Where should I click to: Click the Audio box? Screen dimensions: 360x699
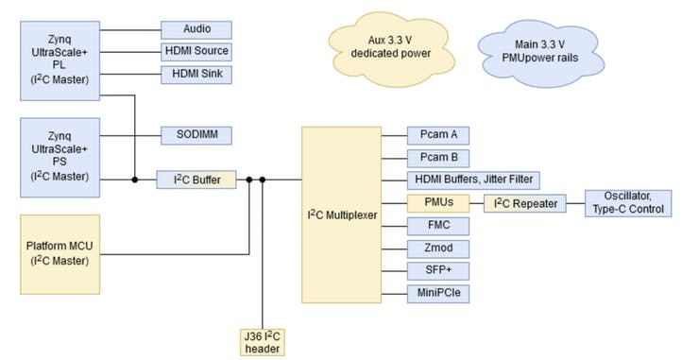pyautogui.click(x=196, y=29)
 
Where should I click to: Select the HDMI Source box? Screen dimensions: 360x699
pyautogui.click(x=196, y=51)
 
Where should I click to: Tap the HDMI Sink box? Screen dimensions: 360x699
pyautogui.click(x=196, y=74)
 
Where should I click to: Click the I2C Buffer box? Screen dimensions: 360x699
pyautogui.click(x=196, y=180)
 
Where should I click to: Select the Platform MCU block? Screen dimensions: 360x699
pyautogui.click(x=60, y=253)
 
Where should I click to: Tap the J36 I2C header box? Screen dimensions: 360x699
pyautogui.click(x=262, y=338)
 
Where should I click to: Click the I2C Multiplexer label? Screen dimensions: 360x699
pyautogui.click(x=341, y=215)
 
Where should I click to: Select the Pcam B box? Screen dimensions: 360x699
pyautogui.click(x=438, y=158)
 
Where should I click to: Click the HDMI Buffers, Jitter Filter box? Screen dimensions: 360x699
pyautogui.click(x=473, y=180)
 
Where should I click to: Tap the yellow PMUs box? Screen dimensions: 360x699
pyautogui.click(x=438, y=202)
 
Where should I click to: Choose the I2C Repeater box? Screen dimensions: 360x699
pyautogui.click(x=525, y=202)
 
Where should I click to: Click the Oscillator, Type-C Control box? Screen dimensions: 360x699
pyautogui.click(x=630, y=202)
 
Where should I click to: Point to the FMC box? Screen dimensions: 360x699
pyautogui.click(x=438, y=225)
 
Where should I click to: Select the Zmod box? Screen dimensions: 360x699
pyautogui.click(x=438, y=248)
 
